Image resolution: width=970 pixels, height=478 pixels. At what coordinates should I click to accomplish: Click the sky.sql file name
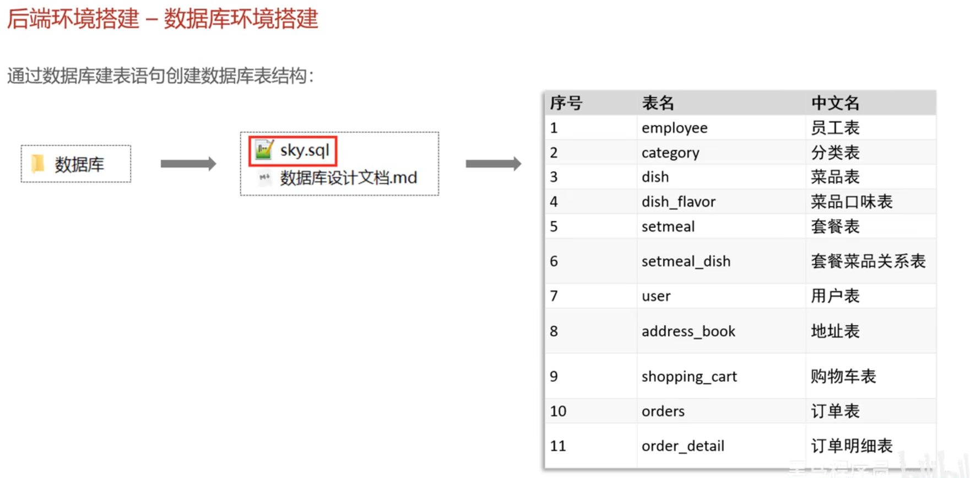pos(305,151)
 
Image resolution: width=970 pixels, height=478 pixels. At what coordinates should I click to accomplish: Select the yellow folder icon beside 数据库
pos(37,164)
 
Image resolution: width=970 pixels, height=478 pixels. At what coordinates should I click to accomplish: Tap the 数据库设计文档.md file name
pos(348,178)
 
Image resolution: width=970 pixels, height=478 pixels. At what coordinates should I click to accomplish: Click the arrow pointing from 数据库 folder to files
pos(188,164)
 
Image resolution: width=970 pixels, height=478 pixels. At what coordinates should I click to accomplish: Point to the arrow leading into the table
pos(493,164)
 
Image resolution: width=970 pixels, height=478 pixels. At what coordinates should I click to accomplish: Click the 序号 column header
pos(566,103)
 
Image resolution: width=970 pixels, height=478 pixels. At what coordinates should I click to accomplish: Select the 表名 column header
pos(658,103)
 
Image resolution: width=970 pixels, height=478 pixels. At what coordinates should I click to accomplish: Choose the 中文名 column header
pos(835,103)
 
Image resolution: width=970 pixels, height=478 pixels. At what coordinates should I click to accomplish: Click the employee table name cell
pos(674,128)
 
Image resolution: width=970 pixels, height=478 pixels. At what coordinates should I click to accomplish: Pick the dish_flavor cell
pos(678,202)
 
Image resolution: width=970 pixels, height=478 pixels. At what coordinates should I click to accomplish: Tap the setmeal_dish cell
pos(686,261)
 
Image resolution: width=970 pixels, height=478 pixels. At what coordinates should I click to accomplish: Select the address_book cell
pos(688,331)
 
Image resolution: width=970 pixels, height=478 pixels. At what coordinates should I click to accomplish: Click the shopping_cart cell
pos(689,377)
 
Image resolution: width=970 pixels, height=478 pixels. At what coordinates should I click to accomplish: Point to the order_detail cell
pos(682,446)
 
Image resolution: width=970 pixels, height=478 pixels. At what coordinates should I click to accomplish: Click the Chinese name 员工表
pos(835,128)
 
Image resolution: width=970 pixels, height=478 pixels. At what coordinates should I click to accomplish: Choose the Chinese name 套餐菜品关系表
pos(868,261)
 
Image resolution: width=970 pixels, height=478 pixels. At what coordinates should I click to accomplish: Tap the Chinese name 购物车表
pos(843,377)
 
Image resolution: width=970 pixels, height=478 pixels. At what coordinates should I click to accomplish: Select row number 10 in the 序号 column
pos(558,411)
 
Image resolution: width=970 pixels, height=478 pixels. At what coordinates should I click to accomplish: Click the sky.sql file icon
pos(264,150)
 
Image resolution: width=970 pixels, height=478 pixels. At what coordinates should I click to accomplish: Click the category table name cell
pos(670,153)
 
